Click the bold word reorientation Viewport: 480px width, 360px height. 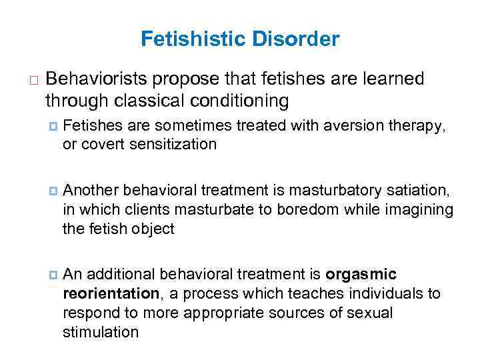click(x=110, y=294)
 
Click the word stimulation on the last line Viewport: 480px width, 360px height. click(x=101, y=332)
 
